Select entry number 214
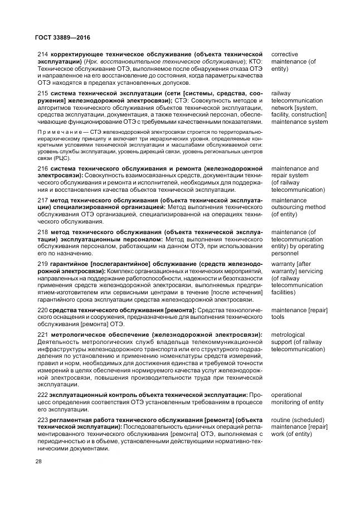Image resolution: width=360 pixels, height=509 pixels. coord(42,54)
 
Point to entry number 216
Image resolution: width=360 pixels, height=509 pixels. coord(42,168)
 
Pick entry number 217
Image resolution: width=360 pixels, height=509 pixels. coord(42,200)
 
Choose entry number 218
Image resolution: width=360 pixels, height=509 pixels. coord(42,231)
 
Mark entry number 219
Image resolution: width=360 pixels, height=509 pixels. coord(42,263)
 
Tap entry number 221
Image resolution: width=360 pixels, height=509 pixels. coord(42,334)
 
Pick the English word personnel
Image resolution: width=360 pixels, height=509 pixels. coord(286,253)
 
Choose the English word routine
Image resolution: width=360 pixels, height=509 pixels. coord(281,419)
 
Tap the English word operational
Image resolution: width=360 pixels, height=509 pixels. coord(286,395)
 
